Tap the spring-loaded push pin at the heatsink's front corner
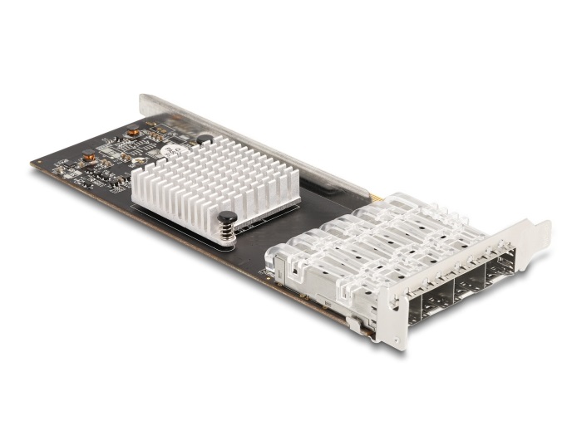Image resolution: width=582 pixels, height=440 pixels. pyautogui.click(x=227, y=222)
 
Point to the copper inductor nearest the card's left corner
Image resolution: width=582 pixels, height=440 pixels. pyautogui.click(x=88, y=154)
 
